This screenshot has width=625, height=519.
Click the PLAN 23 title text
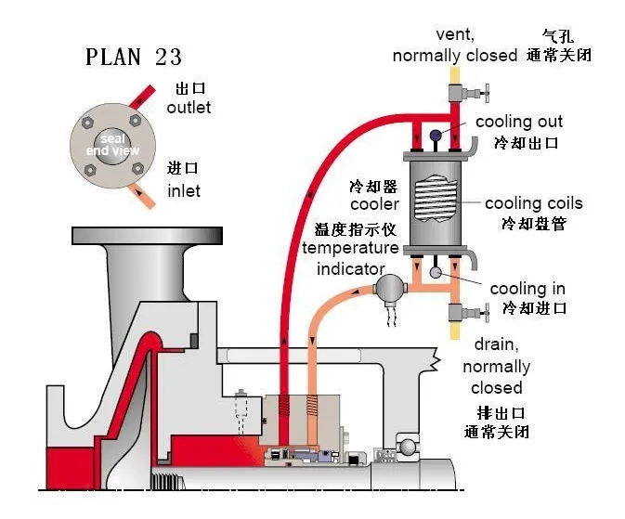click(x=134, y=57)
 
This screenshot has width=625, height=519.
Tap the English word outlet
click(x=189, y=108)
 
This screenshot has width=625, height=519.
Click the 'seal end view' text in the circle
click(x=112, y=145)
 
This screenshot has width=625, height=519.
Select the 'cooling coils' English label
click(x=533, y=203)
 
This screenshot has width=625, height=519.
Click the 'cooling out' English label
click(x=518, y=123)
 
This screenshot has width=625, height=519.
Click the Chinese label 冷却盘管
click(x=533, y=224)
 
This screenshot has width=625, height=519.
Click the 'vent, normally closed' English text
click(x=454, y=45)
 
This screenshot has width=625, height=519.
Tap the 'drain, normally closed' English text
click(x=496, y=367)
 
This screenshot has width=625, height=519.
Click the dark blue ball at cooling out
click(x=435, y=136)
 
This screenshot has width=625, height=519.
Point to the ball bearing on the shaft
click(x=408, y=448)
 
